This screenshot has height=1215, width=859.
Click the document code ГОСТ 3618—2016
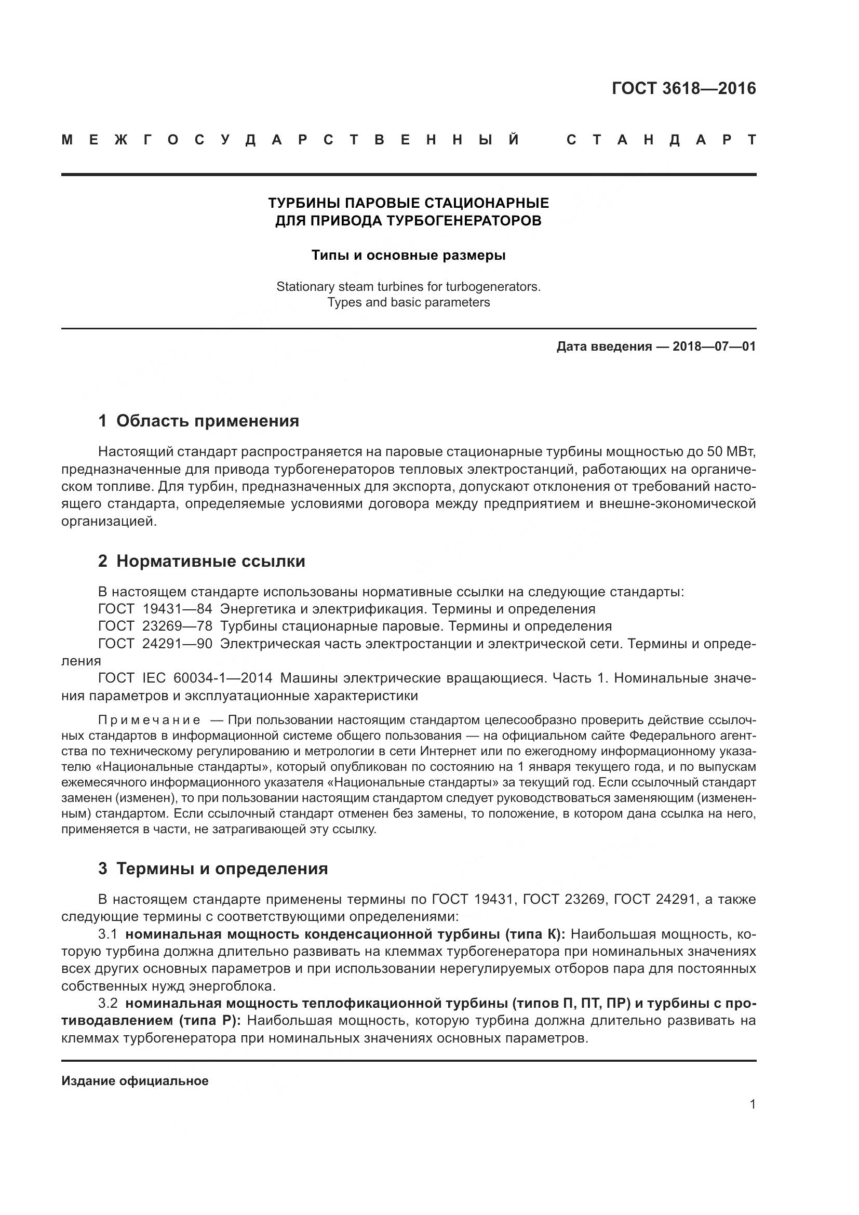click(683, 88)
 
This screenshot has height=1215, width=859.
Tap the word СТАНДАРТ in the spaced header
click(661, 140)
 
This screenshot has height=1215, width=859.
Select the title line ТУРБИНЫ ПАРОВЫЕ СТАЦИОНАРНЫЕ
click(408, 203)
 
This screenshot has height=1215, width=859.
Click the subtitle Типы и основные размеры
click(408, 256)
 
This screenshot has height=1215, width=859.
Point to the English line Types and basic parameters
click(408, 303)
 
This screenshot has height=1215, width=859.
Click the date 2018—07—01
click(714, 347)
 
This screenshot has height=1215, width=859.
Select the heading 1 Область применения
click(198, 421)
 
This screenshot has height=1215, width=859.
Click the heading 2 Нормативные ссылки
click(202, 562)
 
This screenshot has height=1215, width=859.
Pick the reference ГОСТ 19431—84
click(155, 609)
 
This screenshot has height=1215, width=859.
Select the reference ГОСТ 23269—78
click(155, 626)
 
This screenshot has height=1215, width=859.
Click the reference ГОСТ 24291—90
click(155, 644)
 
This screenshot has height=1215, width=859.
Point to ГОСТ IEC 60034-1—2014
click(185, 678)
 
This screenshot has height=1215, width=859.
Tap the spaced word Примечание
click(149, 720)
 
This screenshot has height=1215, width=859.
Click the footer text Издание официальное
click(135, 1081)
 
